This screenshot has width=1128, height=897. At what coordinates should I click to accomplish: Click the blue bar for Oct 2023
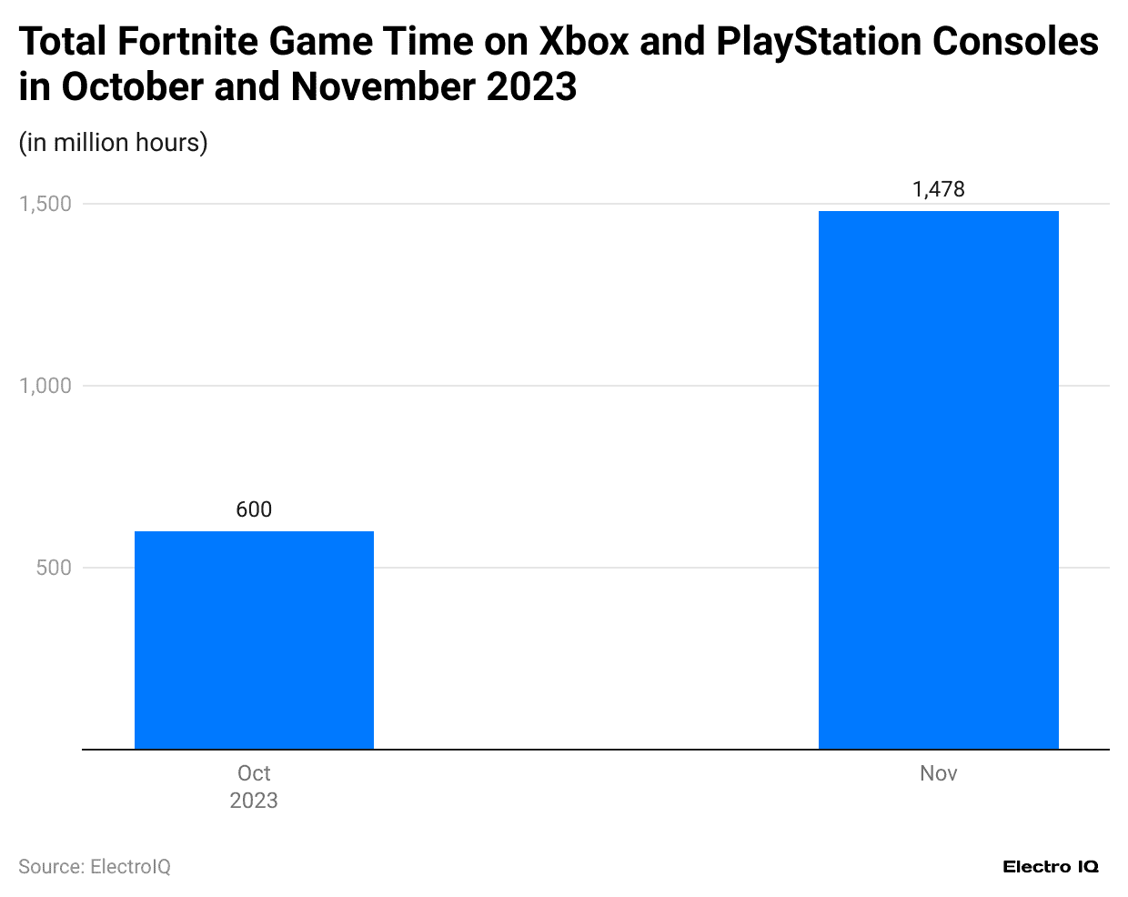[x=254, y=640]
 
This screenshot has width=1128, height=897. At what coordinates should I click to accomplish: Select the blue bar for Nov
[x=938, y=479]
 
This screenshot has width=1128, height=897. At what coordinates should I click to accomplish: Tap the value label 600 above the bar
[x=254, y=509]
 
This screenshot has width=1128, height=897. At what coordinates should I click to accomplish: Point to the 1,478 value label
[x=938, y=189]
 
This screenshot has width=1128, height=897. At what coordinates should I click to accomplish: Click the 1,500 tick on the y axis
[x=45, y=204]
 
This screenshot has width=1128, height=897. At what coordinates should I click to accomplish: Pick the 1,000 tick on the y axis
[x=45, y=386]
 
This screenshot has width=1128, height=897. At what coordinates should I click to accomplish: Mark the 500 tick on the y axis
[x=53, y=568]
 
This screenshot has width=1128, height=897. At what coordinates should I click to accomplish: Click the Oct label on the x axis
[x=254, y=773]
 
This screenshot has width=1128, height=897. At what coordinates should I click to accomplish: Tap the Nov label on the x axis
[x=938, y=773]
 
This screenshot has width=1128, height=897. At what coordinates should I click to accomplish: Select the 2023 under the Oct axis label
[x=254, y=801]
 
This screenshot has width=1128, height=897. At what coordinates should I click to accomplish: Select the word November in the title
[x=383, y=87]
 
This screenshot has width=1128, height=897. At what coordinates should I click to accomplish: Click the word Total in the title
[x=62, y=42]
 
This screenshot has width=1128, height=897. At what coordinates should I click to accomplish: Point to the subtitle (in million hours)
[x=114, y=143]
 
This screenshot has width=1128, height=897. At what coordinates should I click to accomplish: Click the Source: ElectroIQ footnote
[x=95, y=867]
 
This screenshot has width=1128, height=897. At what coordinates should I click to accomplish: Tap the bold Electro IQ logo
[x=1051, y=867]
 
